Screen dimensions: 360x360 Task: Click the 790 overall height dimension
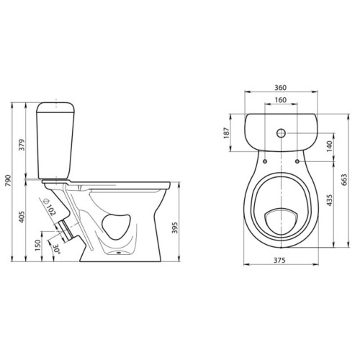pyautogui.click(x=8, y=181)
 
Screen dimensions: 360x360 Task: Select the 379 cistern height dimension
pyautogui.click(x=22, y=145)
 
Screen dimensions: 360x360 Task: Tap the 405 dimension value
pyautogui.click(x=22, y=217)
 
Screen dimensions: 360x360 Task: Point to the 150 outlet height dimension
pyautogui.click(x=38, y=246)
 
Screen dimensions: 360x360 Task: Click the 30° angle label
pyautogui.click(x=57, y=249)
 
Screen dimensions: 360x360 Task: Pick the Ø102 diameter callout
pyautogui.click(x=50, y=207)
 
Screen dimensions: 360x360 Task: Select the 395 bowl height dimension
pyautogui.click(x=175, y=228)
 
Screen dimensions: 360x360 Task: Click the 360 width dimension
pyautogui.click(x=280, y=88)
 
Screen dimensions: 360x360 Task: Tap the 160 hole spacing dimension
pyautogui.click(x=280, y=99)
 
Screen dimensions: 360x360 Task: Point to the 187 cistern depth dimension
pyautogui.click(x=227, y=132)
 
